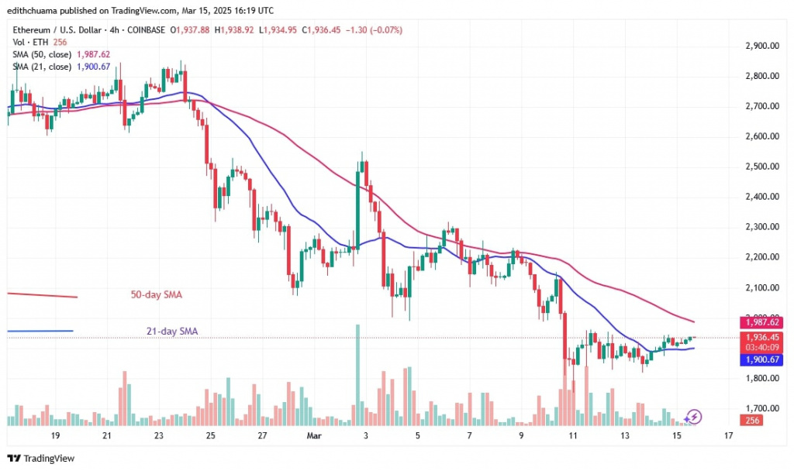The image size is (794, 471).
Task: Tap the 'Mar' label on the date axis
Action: (314, 437)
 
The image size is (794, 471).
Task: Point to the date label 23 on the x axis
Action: (159, 437)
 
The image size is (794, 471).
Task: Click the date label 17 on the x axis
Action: (729, 437)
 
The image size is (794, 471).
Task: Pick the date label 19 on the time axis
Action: (55, 437)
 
